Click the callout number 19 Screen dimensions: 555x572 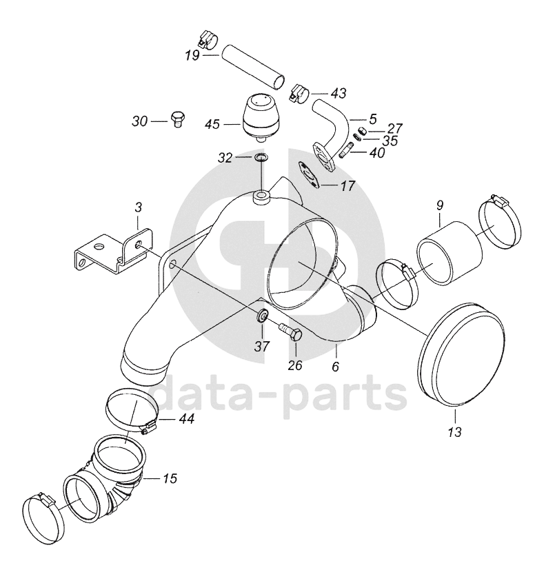[192, 55]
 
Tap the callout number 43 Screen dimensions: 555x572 [338, 93]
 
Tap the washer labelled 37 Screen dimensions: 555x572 [261, 315]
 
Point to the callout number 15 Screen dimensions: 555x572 [170, 478]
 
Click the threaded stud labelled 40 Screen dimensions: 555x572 [345, 150]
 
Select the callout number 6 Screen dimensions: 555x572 [336, 366]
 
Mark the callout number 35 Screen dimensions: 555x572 [390, 141]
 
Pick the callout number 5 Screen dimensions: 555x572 [373, 119]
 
